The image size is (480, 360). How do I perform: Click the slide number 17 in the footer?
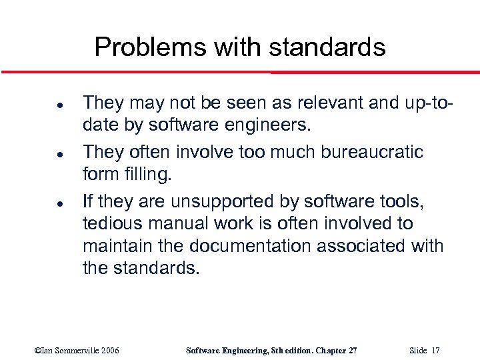(435, 351)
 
